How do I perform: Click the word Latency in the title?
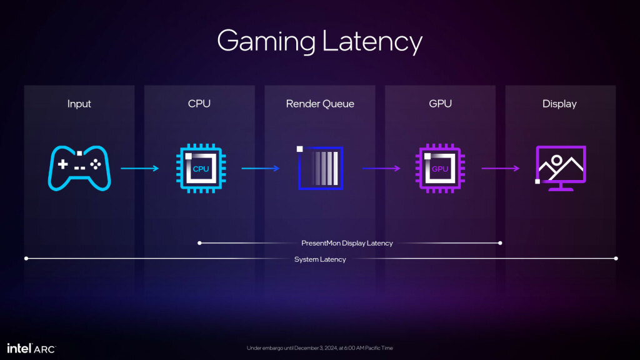click(x=373, y=41)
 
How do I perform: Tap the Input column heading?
click(x=79, y=104)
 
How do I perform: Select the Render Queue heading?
click(x=320, y=104)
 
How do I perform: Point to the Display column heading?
click(x=559, y=104)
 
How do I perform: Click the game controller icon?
click(x=79, y=168)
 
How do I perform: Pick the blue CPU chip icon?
click(x=199, y=168)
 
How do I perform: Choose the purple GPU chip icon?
click(x=440, y=168)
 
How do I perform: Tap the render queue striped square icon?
click(x=320, y=168)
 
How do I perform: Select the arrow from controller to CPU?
click(x=140, y=168)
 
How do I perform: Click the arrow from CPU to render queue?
click(x=260, y=168)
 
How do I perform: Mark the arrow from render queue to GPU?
click(x=381, y=168)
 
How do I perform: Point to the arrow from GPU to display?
click(x=500, y=168)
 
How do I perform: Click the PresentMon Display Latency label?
click(x=347, y=243)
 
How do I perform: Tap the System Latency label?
click(x=320, y=259)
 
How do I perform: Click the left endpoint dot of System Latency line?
click(x=26, y=258)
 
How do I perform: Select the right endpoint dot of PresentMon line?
click(x=500, y=242)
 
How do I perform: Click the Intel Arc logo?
click(x=31, y=347)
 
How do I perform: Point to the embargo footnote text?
click(x=320, y=348)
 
